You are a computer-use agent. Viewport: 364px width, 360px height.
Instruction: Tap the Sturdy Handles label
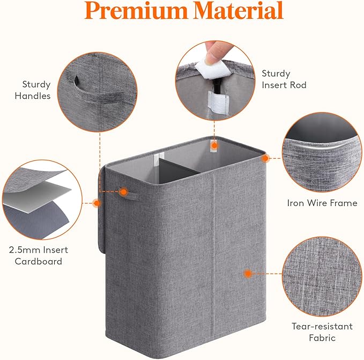[36, 90]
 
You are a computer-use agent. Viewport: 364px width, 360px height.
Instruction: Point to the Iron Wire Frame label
[322, 203]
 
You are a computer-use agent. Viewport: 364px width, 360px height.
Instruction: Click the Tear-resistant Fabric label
[322, 332]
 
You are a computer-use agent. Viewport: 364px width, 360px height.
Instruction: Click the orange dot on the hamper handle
[123, 191]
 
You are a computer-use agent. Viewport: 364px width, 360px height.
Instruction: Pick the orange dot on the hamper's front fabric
[248, 273]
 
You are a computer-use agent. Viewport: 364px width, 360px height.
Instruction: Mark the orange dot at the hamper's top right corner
[265, 158]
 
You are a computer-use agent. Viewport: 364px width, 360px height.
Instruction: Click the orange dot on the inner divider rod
[214, 145]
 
